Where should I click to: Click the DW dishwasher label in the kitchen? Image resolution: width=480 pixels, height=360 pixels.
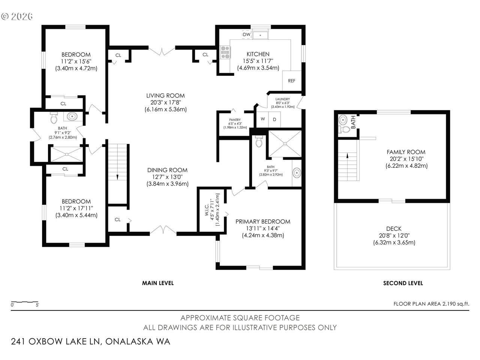point(246,34)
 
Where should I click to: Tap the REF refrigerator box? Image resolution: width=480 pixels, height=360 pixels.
point(292,80)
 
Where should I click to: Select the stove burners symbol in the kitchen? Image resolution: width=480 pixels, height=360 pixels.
point(225,52)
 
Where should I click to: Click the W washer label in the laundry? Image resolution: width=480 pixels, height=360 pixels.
point(263,119)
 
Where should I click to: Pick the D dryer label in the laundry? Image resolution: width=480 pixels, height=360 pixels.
point(274,119)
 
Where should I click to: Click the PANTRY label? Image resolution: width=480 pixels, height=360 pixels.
point(235,120)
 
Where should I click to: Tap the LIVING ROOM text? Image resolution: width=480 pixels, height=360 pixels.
point(165,96)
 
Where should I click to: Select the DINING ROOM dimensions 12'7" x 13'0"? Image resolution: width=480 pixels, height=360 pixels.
point(167,177)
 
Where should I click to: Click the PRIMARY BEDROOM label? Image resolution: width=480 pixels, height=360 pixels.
point(263,221)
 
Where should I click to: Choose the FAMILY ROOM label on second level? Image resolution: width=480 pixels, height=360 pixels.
point(406,152)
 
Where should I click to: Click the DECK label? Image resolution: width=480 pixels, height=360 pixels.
point(394,229)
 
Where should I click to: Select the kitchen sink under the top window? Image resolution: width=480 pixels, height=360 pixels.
point(260,35)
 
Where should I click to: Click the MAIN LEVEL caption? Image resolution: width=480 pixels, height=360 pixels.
point(158,283)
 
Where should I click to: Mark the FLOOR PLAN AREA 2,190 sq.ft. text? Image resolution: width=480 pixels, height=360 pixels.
point(432,304)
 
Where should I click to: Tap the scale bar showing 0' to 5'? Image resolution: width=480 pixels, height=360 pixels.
point(25,302)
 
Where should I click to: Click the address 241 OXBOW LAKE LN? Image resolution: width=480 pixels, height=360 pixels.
point(55,341)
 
